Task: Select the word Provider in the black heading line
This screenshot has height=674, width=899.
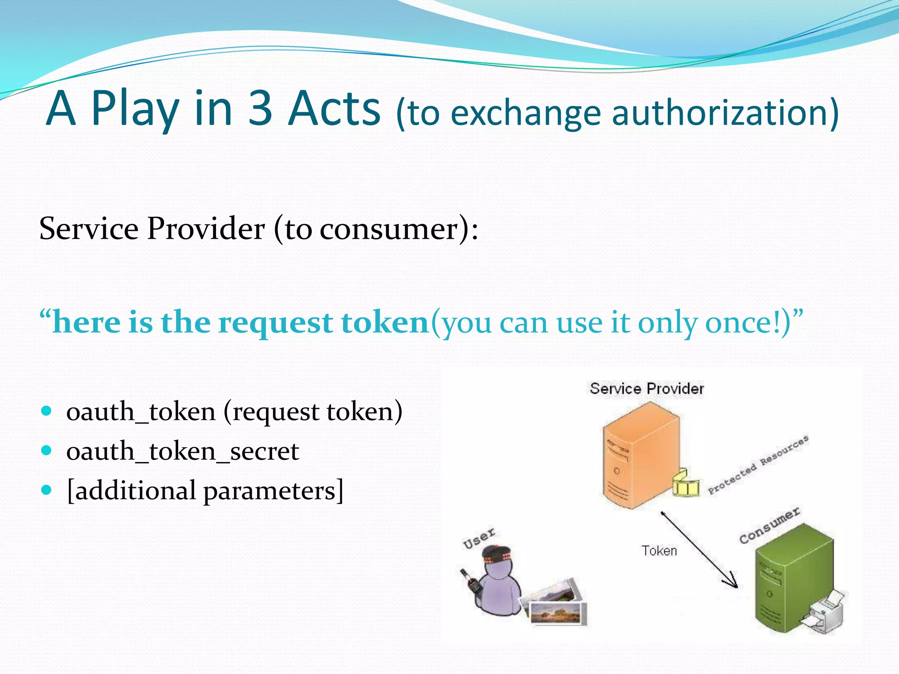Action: click(206, 229)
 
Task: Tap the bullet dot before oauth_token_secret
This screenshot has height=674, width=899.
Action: click(46, 451)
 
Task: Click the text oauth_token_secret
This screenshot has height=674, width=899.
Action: click(183, 452)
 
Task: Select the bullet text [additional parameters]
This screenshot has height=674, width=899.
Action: click(205, 491)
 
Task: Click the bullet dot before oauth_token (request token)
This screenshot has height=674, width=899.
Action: click(46, 411)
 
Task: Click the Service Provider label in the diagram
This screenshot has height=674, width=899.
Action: click(647, 389)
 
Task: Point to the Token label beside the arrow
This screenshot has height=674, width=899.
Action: click(659, 551)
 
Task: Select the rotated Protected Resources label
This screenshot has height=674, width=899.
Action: click(758, 465)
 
